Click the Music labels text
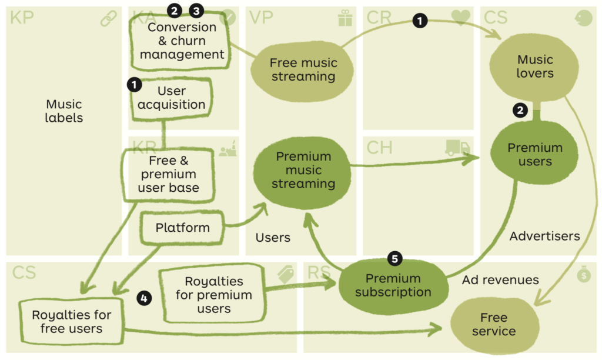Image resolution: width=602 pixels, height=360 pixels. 64,111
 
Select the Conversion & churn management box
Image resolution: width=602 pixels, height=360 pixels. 182,41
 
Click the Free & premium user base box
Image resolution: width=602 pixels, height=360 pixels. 168,175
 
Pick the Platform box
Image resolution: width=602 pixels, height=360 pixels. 182,228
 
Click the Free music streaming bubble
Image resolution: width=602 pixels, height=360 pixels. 303,70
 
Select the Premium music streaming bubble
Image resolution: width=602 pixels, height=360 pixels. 303,171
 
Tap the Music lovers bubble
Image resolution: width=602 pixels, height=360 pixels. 535,66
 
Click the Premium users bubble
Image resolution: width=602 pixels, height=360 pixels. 535,154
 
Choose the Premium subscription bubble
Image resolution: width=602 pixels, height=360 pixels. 393,285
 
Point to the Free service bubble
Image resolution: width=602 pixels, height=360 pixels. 494,325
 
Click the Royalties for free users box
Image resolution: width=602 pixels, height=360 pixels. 71,322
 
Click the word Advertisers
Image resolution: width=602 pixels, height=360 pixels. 544,236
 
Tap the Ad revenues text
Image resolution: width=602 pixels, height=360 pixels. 500,280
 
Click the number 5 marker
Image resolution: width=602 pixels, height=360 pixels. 395,258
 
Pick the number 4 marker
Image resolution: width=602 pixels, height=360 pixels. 143,298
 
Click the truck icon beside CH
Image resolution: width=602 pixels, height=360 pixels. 458,148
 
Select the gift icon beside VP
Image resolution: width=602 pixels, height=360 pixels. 345,19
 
